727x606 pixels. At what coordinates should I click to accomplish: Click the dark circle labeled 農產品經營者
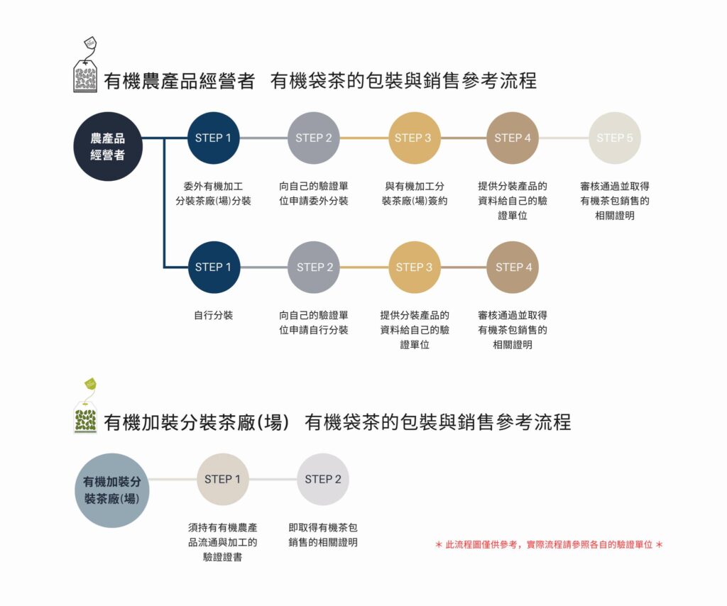[x=108, y=146]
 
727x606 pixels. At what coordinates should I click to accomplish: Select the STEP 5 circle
[x=615, y=138]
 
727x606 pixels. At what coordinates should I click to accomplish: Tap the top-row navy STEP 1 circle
[x=213, y=138]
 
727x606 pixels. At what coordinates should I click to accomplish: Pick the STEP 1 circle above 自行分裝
[x=213, y=268]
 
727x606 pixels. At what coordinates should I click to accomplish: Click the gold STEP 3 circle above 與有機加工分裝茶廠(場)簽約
[x=414, y=138]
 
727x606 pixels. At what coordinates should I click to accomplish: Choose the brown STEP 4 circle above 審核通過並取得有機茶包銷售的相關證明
[x=513, y=268]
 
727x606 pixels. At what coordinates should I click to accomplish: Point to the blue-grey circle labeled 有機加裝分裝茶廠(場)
[x=111, y=490]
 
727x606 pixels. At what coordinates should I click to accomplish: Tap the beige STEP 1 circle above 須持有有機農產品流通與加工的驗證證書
[x=223, y=479]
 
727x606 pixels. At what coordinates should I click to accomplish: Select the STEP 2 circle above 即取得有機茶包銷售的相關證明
[x=323, y=479]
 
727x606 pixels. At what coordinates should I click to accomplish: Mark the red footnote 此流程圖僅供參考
[x=549, y=544]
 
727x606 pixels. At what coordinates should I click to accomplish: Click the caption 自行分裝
[x=213, y=315]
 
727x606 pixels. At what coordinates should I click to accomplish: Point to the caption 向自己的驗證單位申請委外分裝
[x=314, y=194]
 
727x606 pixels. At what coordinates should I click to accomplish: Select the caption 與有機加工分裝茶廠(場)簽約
[x=414, y=194]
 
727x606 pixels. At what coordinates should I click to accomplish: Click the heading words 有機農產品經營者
[x=179, y=81]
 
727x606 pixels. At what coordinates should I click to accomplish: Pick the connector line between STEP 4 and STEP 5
[x=564, y=138]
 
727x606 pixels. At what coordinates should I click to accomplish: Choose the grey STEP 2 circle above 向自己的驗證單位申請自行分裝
[x=314, y=268]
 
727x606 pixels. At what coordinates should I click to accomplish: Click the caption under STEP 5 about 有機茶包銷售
[x=615, y=201]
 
